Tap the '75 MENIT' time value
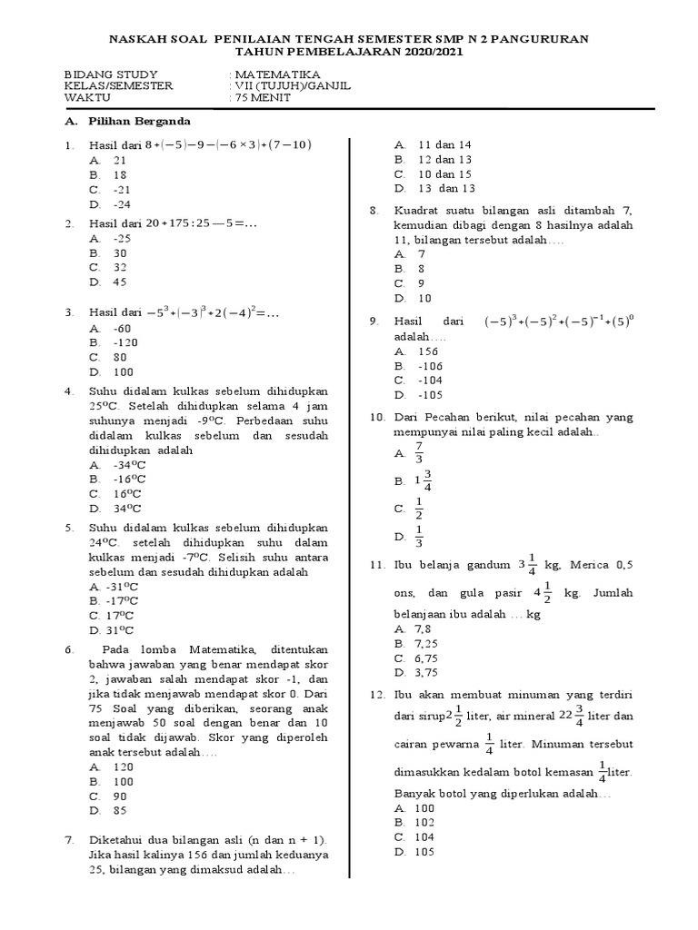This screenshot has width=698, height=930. pyautogui.click(x=263, y=98)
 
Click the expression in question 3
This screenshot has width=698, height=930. pyautogui.click(x=204, y=313)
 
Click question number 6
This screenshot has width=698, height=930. pyautogui.click(x=68, y=650)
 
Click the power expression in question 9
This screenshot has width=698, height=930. pyautogui.click(x=558, y=322)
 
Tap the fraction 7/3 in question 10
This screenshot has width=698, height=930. pyautogui.click(x=419, y=452)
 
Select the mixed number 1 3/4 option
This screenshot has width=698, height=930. pyautogui.click(x=423, y=480)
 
